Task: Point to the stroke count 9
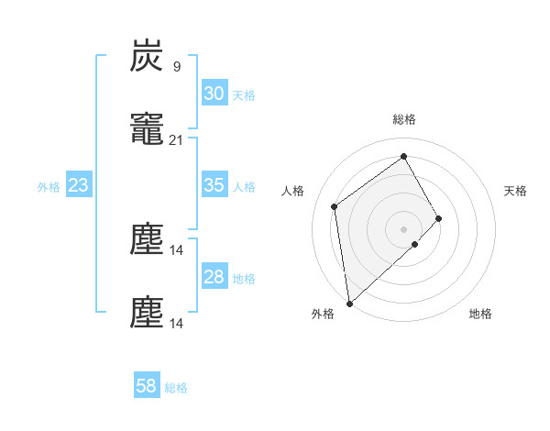(176, 66)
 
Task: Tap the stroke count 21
(176, 140)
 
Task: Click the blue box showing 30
(214, 94)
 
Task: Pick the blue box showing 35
(214, 185)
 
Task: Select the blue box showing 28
(214, 278)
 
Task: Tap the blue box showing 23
(78, 186)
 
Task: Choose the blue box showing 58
(147, 386)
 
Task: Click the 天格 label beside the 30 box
(244, 95)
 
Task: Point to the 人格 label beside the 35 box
(244, 187)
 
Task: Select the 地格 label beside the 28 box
(244, 279)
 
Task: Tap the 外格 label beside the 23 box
(49, 187)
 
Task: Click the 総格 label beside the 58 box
(176, 388)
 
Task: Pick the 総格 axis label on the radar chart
(403, 119)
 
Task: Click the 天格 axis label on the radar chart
(515, 191)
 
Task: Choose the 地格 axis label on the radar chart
(480, 314)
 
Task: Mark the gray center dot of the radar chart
(403, 227)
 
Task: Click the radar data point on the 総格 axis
(403, 156)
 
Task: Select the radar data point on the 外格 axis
(349, 303)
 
